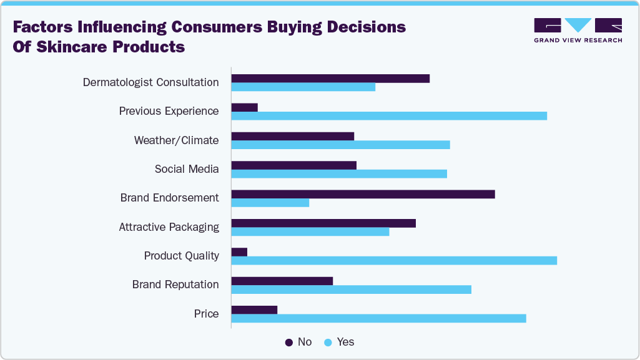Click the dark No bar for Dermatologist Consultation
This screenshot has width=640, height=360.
pos(330,78)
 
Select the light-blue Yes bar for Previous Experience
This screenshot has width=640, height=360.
pos(389,115)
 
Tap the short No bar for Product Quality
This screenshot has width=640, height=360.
pos(239,251)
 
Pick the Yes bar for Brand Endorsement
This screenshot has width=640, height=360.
pos(270,202)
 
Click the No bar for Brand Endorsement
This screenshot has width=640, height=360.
pos(363,194)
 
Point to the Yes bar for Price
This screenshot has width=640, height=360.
pos(378,318)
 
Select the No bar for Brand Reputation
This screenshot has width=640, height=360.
pos(282,281)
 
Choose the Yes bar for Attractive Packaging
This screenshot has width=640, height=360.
pos(310,231)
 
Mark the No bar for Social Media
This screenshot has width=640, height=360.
pos(293,165)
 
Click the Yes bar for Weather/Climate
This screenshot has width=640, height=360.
pos(340,145)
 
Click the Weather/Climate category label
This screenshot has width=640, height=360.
pos(176,140)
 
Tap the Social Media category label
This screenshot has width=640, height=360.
pos(187,169)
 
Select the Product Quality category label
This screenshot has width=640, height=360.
pos(181,256)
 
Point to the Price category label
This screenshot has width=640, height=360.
pos(206,314)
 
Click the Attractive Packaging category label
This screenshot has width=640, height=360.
pos(169,227)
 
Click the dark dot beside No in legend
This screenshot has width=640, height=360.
pos(289,342)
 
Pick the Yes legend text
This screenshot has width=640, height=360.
pos(345,342)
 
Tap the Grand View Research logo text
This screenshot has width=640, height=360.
pos(578,41)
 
